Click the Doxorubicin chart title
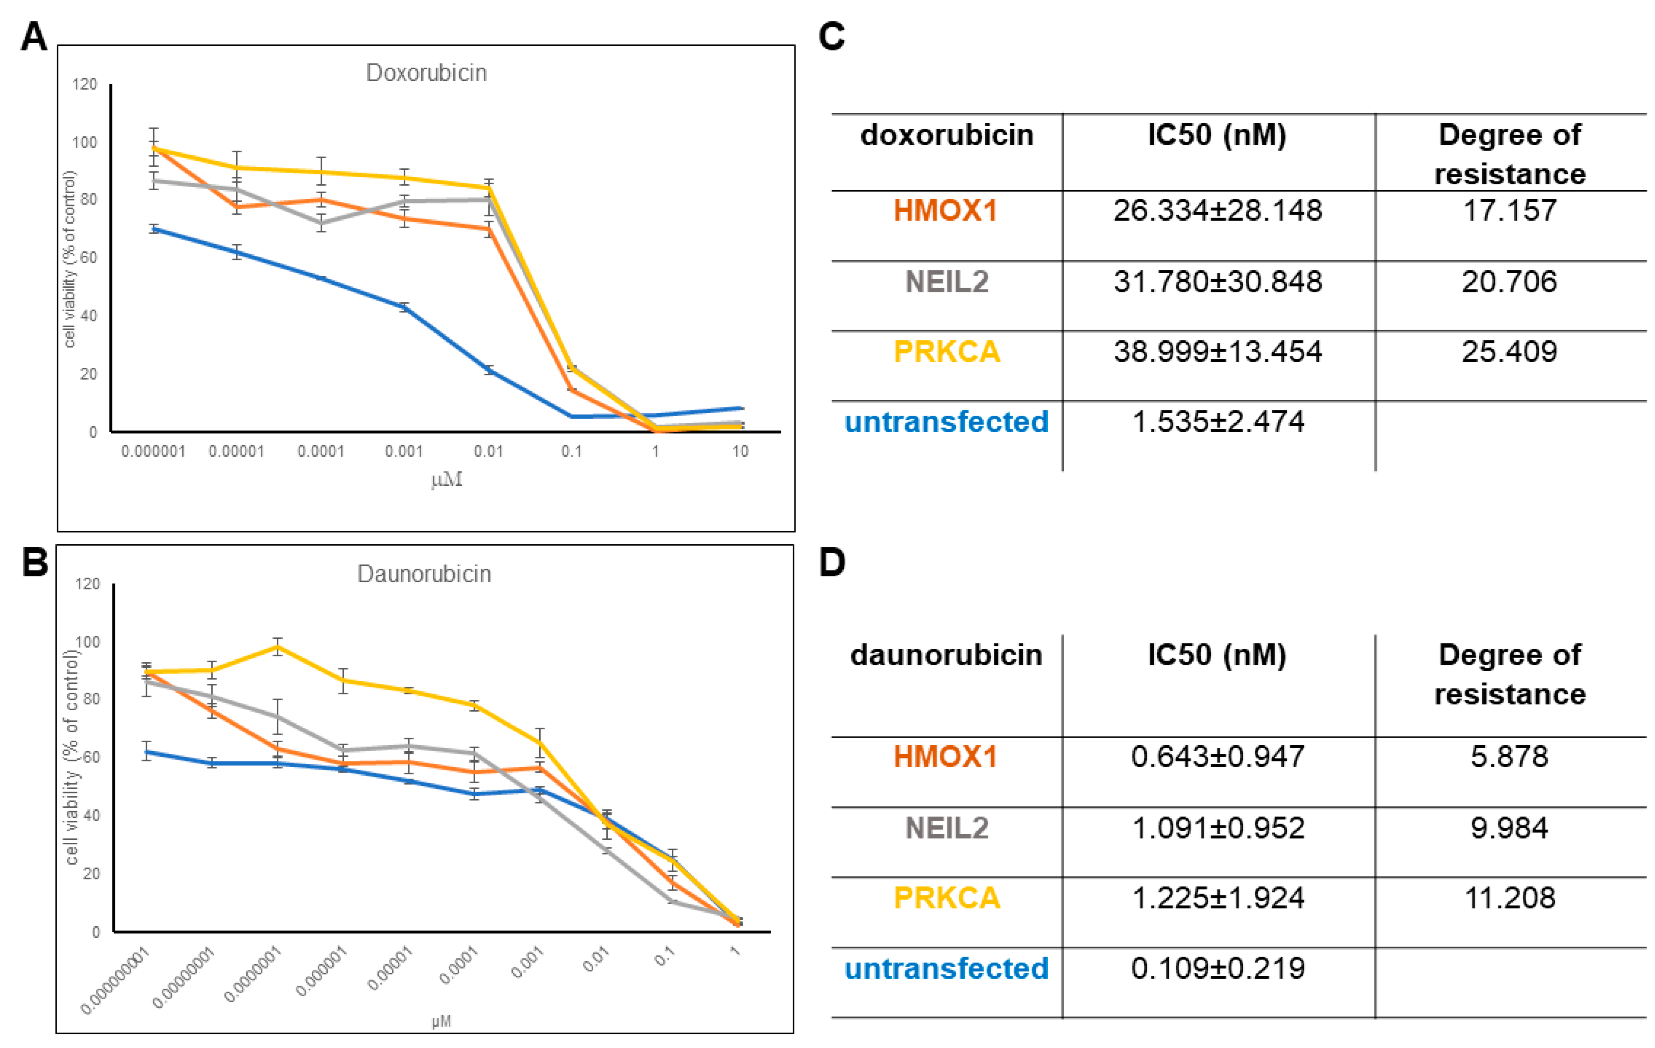point(426,73)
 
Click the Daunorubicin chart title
point(424,574)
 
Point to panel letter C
point(832,36)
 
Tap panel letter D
point(832,562)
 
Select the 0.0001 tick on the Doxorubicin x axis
point(320,452)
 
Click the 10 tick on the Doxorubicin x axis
point(739,452)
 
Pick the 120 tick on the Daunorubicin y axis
point(87,584)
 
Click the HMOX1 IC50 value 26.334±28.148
point(1217,210)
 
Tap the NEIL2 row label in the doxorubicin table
point(946,282)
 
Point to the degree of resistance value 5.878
point(1509,757)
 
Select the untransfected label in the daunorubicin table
point(946,969)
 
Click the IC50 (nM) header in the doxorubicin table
point(1217,135)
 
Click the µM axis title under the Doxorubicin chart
point(447,479)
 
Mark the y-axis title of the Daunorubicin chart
point(71,756)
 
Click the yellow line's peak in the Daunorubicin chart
point(278,647)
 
